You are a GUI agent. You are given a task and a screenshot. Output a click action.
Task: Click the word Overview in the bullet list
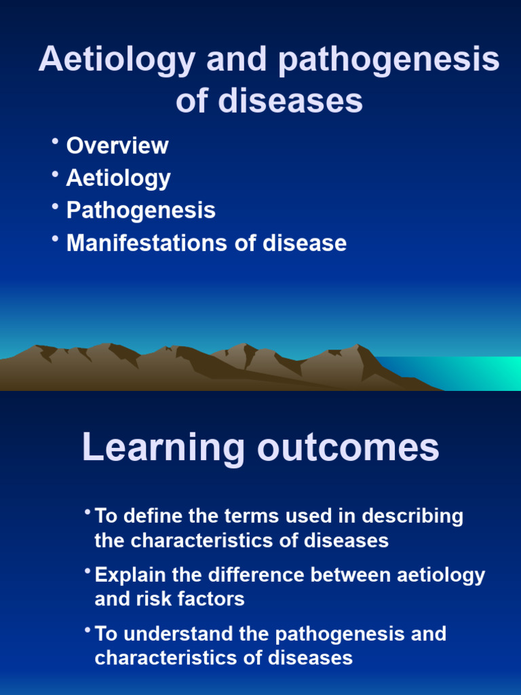click(117, 146)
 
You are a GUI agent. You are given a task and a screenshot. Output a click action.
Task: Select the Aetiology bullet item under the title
click(118, 179)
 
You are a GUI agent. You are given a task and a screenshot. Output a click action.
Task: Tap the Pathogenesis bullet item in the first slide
click(140, 210)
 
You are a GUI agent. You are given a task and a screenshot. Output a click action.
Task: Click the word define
click(153, 516)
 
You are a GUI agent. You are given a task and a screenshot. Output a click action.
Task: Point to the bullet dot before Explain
click(88, 571)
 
